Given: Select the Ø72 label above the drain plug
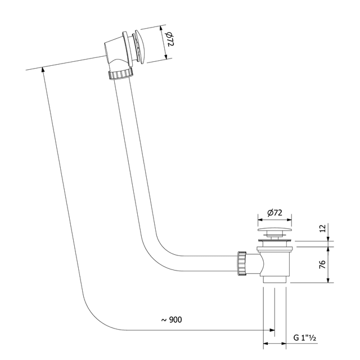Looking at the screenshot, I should [x=275, y=212].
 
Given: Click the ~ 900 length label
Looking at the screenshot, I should [x=171, y=319].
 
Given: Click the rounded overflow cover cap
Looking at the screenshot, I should [x=140, y=48].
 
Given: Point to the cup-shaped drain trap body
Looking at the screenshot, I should [x=275, y=262].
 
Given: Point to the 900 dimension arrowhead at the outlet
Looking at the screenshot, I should [x=272, y=330].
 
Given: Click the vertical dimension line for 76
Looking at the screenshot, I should [x=328, y=264].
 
